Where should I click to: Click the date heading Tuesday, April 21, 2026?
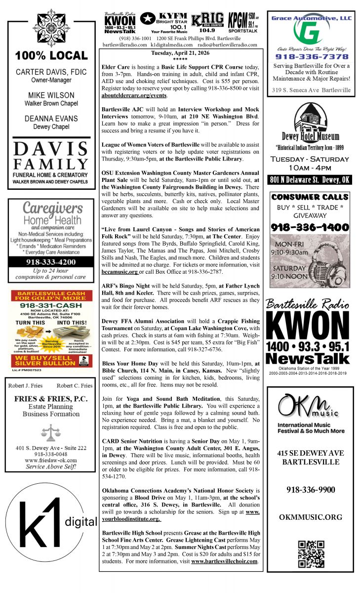(x=180, y=54)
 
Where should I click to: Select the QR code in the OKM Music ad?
(x=311, y=554)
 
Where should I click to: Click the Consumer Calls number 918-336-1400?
(x=310, y=228)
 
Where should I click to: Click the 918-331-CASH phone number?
(x=47, y=306)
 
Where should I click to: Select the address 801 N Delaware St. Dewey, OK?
(x=310, y=180)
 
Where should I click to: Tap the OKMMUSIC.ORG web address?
(x=310, y=517)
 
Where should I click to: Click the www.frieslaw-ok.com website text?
(x=48, y=460)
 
